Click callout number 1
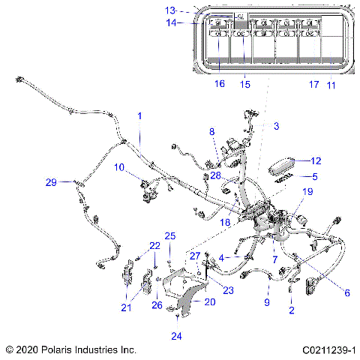click(138, 116)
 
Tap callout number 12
click(316, 160)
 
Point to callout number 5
click(316, 176)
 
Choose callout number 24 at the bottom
click(176, 335)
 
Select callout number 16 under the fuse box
click(219, 84)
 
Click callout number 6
click(326, 292)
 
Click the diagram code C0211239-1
click(328, 349)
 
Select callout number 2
click(292, 309)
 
